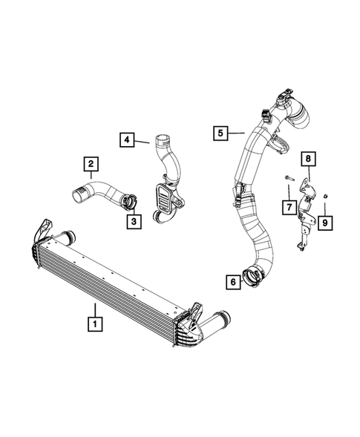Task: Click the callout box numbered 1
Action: [95, 323]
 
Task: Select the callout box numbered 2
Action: [90, 163]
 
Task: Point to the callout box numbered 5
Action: [220, 133]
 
